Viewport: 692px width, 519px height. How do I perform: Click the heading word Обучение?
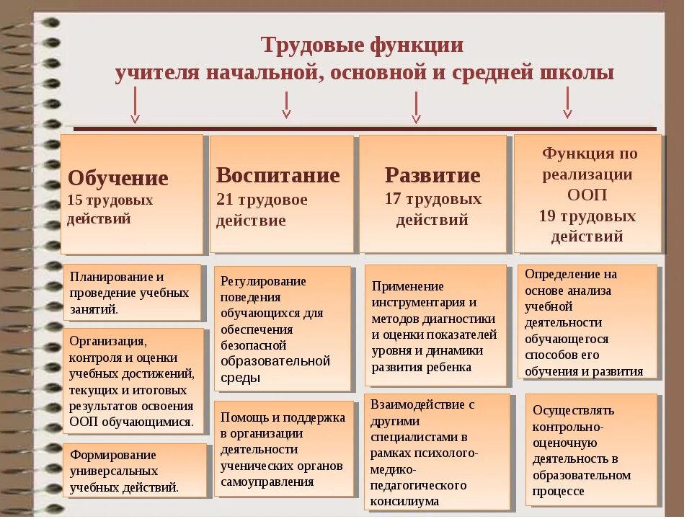(x=118, y=178)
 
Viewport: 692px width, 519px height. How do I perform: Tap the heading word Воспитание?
(x=278, y=175)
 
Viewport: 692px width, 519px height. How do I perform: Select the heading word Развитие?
(x=432, y=175)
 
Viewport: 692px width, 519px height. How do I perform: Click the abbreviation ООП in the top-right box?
(x=587, y=195)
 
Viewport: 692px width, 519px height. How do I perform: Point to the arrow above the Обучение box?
(x=135, y=109)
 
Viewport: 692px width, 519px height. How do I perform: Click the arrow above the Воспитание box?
(x=286, y=105)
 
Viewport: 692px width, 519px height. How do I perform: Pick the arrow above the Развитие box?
(x=416, y=107)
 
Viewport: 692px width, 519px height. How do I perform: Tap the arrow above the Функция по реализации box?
(x=567, y=102)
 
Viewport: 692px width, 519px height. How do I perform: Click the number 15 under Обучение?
(x=76, y=200)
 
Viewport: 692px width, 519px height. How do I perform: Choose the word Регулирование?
(x=263, y=281)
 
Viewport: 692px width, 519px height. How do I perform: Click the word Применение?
(x=408, y=286)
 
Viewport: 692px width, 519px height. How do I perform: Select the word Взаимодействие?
(x=417, y=404)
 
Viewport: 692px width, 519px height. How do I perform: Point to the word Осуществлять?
(x=573, y=410)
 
